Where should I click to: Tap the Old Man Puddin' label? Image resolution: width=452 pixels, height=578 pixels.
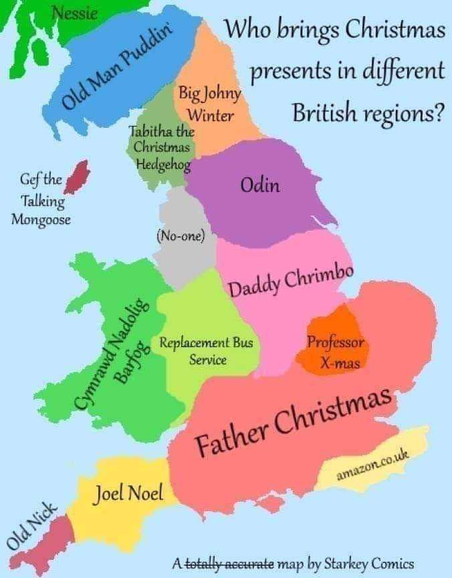tap(118, 64)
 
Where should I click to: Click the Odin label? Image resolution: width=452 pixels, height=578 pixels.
tap(259, 185)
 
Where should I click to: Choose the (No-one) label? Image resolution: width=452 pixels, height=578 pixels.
tap(180, 235)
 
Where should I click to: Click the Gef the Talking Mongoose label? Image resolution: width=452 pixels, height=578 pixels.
tap(42, 199)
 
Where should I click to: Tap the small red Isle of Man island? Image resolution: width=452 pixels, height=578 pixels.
tap(80, 175)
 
